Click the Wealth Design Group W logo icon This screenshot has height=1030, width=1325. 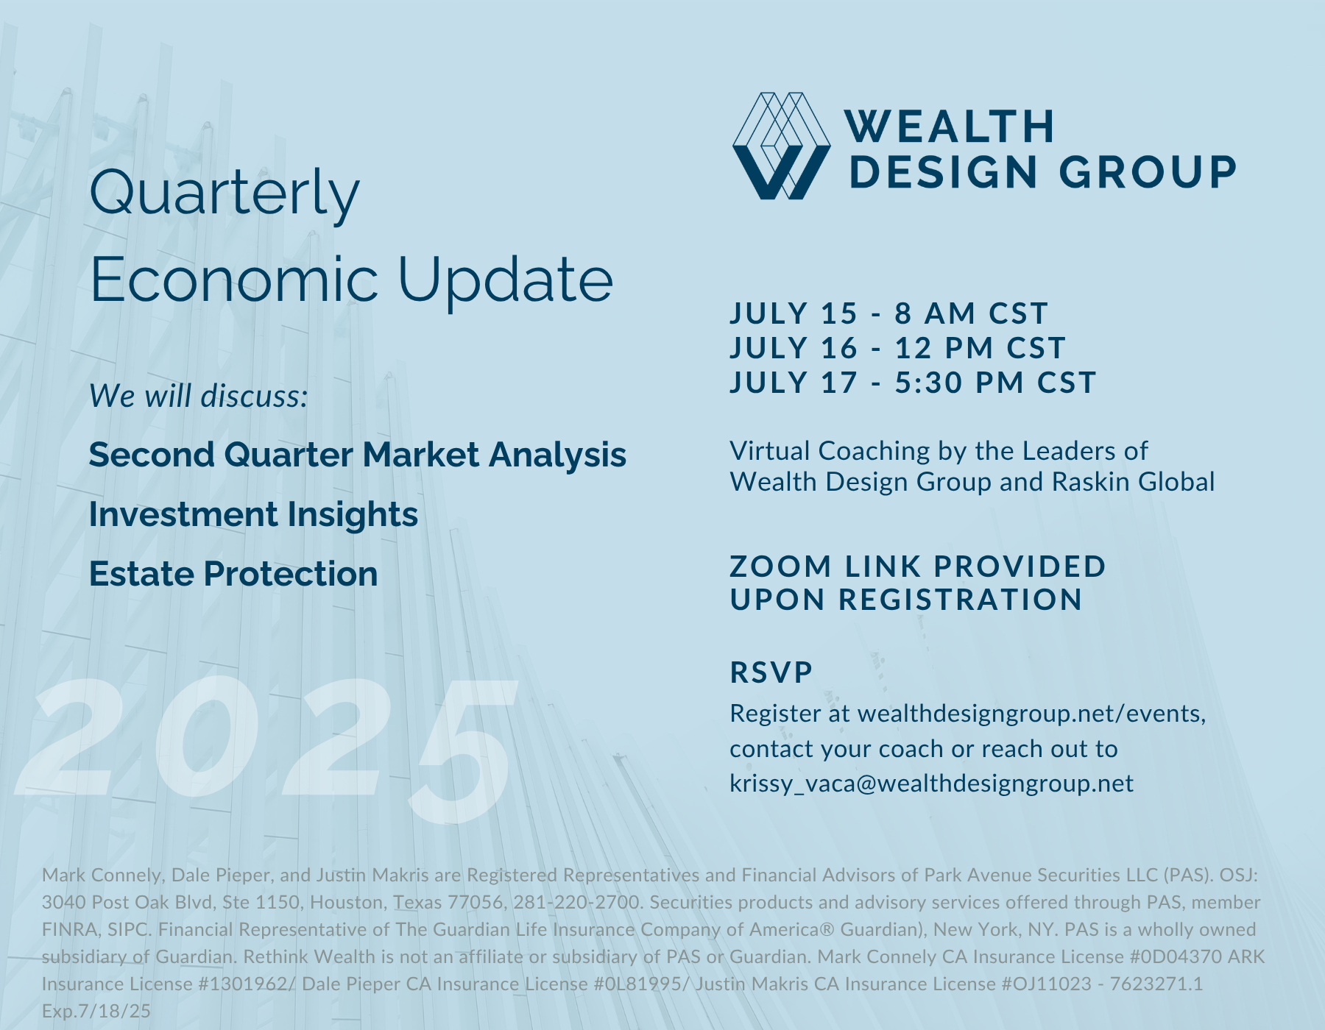coord(782,146)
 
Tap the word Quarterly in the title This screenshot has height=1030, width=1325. coord(225,194)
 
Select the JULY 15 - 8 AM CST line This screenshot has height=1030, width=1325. coord(888,313)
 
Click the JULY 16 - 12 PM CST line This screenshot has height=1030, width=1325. coord(898,348)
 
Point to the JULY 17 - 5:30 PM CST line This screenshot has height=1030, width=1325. coord(914,383)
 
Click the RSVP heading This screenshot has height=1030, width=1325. coord(771,672)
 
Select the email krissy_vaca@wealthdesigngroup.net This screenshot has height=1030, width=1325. coord(931,783)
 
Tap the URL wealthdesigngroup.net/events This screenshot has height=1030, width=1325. coord(1031,714)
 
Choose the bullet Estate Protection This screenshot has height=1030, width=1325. coord(233,574)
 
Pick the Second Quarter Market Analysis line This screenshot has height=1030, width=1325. coord(358,455)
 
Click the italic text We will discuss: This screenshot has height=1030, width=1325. coord(198,396)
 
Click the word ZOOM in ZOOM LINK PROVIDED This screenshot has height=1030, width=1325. coord(780,566)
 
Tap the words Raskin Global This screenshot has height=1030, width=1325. coord(1134,482)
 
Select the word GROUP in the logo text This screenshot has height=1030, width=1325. coord(1148,171)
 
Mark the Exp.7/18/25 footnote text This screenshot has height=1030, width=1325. coord(96,1011)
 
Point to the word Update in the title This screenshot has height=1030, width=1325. coord(506,281)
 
